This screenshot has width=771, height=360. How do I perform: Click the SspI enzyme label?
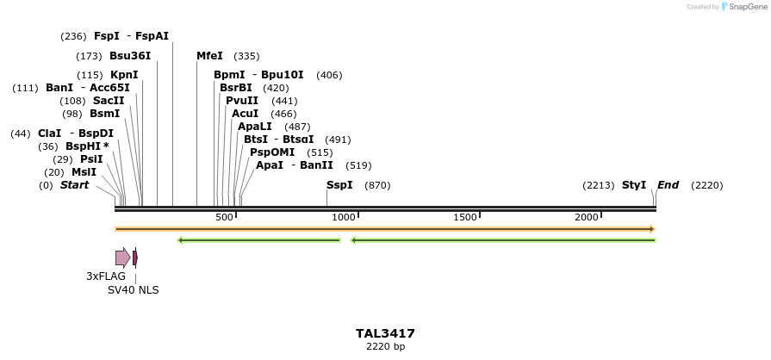coord(339,185)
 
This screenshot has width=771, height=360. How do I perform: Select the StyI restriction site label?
coord(634,185)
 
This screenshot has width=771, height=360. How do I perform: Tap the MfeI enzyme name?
coord(209,56)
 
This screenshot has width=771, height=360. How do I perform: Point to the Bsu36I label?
coord(130,56)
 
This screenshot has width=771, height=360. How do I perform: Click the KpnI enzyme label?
coord(124,75)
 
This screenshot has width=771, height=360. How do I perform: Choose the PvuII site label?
coord(241,101)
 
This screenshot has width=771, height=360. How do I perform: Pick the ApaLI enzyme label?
coord(255,127)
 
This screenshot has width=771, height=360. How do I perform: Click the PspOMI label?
coord(272,152)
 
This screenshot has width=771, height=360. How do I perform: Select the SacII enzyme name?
coord(109,101)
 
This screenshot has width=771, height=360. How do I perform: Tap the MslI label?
coord(84,172)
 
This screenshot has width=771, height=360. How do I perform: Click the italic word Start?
coord(74,185)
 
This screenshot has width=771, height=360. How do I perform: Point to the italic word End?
coord(668,185)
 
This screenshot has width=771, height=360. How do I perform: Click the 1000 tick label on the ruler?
coord(344,217)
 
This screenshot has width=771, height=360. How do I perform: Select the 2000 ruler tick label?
coord(587,217)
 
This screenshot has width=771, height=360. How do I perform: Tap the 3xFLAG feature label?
coord(106,276)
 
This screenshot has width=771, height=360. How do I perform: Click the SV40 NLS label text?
coord(133,290)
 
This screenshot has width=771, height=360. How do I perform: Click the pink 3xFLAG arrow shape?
coord(122,258)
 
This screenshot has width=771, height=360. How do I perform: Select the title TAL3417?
coord(385,333)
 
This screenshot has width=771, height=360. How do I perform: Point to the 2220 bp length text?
coord(385,347)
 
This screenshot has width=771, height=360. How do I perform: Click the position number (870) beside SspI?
coord(377,185)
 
